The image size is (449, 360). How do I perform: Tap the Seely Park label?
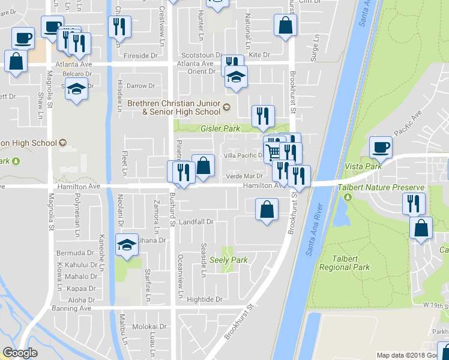[229, 260]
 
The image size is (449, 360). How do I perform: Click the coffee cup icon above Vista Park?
[381, 146]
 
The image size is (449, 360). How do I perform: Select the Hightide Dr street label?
[204, 299]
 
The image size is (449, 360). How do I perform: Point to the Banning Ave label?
[73, 308]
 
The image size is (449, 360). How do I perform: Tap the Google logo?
[20, 353]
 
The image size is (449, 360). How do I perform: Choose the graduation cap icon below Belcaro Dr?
[76, 90]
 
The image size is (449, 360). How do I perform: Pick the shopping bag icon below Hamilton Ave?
[267, 210]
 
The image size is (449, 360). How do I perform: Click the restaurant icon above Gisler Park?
[262, 116]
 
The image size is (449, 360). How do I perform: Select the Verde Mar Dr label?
[244, 176]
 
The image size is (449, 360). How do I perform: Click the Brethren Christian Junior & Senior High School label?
[174, 107]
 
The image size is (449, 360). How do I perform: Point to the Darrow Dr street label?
[140, 86]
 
